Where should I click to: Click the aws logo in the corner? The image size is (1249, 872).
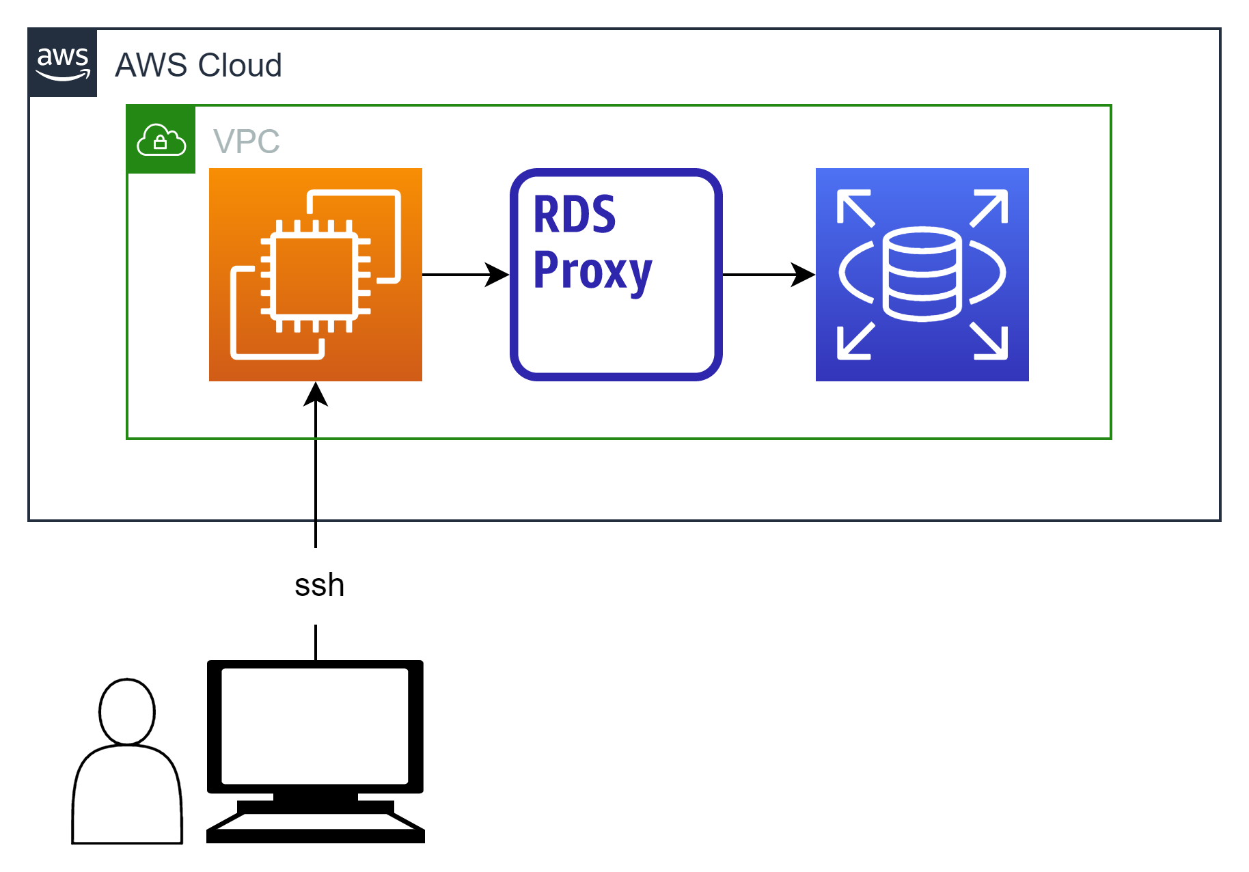(63, 63)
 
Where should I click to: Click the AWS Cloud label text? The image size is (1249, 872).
(198, 66)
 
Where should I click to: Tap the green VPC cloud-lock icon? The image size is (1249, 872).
(161, 139)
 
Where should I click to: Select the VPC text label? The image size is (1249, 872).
(247, 141)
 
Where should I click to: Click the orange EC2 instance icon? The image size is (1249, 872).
(316, 275)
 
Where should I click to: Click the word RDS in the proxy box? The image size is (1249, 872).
(574, 215)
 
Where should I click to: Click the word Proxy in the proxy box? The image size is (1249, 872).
(592, 271)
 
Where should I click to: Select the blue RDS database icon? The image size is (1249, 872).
(922, 275)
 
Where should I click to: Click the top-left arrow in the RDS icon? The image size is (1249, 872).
(855, 207)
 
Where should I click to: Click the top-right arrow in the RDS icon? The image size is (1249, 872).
(989, 207)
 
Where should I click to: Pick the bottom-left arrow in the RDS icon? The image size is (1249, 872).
(855, 341)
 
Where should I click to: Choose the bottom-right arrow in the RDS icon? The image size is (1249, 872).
(989, 341)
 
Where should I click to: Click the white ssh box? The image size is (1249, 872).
(320, 586)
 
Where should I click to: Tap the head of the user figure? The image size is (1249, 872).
(127, 711)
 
